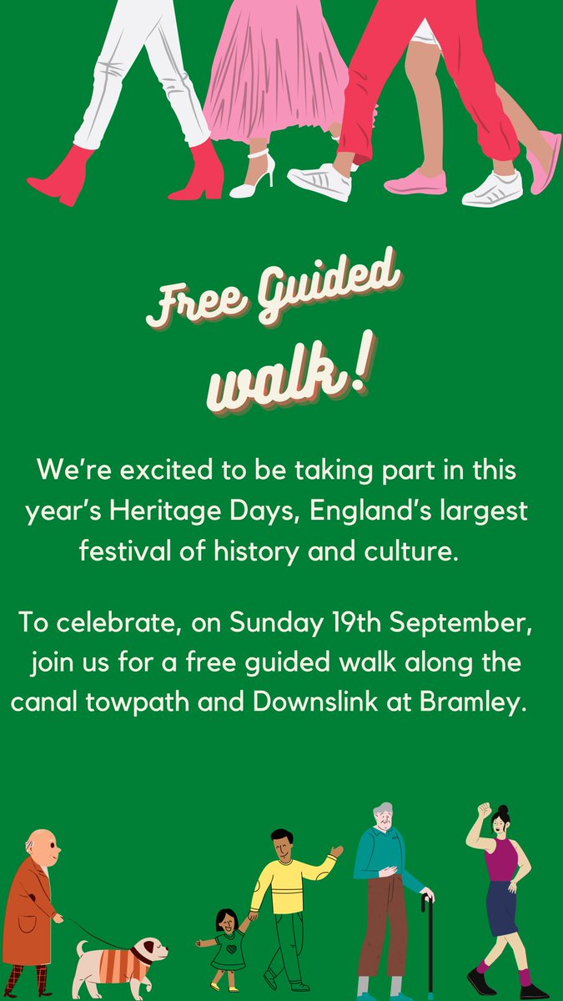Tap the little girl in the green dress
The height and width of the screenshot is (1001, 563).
pos(226,938)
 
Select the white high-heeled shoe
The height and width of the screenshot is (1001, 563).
pos(253,178)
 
